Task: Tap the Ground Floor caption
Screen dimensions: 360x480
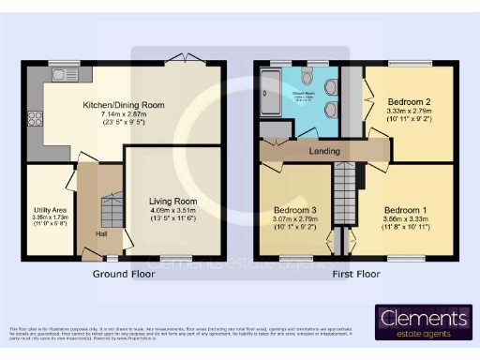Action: [x=124, y=275]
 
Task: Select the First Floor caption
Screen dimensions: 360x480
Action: [x=356, y=275]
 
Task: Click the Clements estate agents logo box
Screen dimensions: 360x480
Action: [x=423, y=322]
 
